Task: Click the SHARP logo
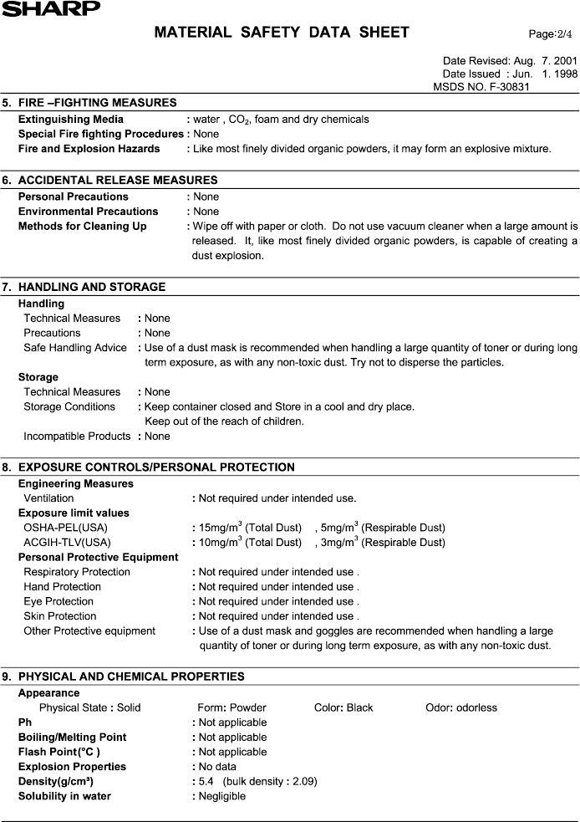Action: click(x=50, y=8)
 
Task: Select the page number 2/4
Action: click(x=552, y=33)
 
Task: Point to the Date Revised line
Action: click(x=509, y=61)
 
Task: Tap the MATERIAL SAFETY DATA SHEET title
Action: click(x=282, y=33)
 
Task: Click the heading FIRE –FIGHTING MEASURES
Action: click(x=97, y=103)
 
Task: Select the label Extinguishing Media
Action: click(x=71, y=120)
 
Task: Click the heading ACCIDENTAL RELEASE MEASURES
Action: click(x=117, y=180)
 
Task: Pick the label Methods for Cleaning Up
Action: click(x=82, y=227)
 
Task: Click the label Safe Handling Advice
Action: click(x=75, y=348)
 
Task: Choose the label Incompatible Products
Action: click(x=77, y=437)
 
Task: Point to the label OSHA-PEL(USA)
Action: click(x=65, y=528)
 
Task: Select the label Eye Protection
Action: click(x=59, y=602)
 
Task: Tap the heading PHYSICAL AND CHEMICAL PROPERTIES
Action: click(x=131, y=676)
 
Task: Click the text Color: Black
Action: click(x=343, y=708)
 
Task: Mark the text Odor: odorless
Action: click(x=460, y=708)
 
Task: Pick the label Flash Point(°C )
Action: click(x=59, y=753)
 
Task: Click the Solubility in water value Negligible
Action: click(x=222, y=797)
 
